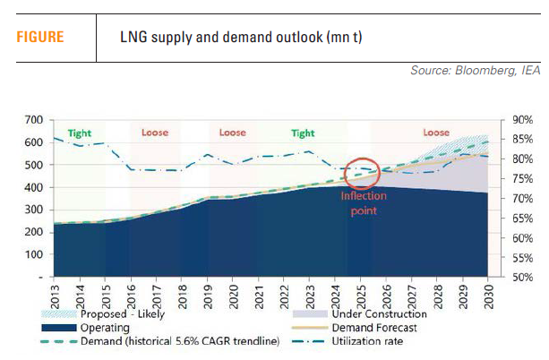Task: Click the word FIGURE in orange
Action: point(40,38)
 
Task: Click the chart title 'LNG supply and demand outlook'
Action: point(242,38)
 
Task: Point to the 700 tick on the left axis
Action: point(34,119)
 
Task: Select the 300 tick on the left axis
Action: point(34,210)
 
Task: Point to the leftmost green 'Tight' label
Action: point(79,133)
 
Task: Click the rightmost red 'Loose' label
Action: point(437,133)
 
